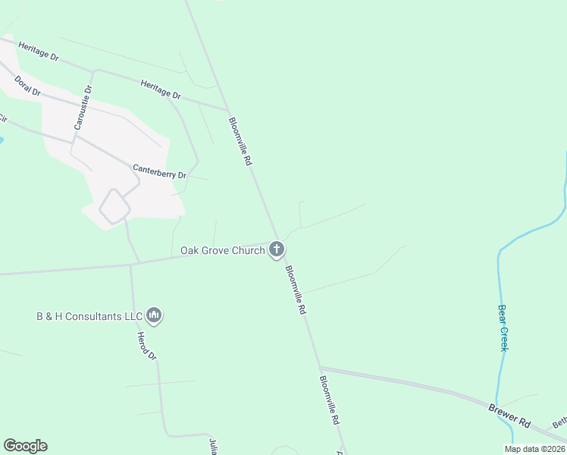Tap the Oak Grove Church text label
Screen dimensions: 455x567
click(223, 250)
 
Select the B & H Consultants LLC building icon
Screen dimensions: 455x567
click(154, 315)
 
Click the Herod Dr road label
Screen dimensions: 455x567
click(146, 346)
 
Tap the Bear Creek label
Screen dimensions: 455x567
click(503, 328)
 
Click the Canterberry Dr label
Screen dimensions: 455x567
click(159, 171)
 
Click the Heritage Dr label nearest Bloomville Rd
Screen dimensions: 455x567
click(161, 89)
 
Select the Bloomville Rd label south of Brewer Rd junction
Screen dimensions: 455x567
click(329, 400)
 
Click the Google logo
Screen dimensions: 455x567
click(25, 446)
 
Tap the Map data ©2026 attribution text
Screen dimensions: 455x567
click(534, 449)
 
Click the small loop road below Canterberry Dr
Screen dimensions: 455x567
click(114, 206)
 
